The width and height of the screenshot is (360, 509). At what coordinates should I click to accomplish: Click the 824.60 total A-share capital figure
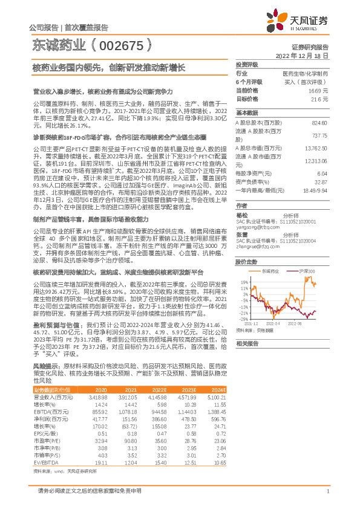coord(319,122)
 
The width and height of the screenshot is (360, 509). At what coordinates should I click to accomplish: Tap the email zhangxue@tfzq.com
coord(254,230)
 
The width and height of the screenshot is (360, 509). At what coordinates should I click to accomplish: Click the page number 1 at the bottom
coord(327,491)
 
